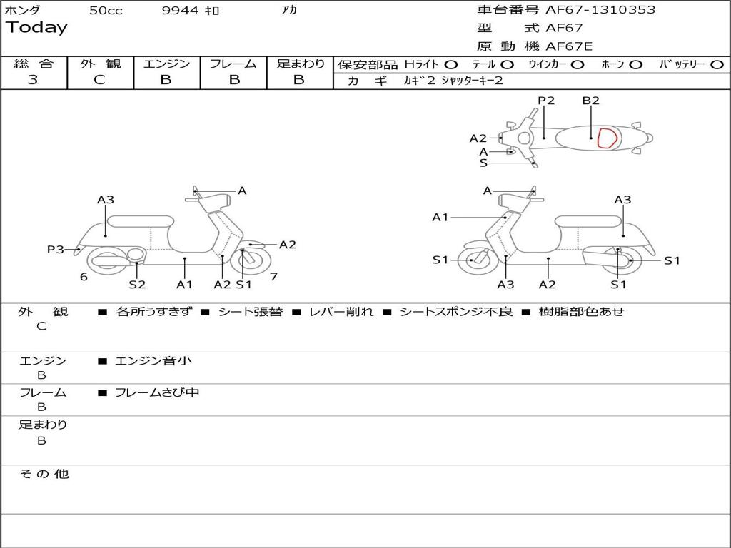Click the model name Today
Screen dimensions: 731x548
[36, 28]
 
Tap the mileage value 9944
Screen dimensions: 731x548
[181, 11]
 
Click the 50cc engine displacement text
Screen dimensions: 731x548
[106, 11]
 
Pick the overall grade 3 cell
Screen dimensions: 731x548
[33, 80]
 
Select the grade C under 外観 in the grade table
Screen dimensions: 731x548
[99, 80]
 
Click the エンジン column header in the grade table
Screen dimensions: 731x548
[166, 64]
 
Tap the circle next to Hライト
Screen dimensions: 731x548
[451, 65]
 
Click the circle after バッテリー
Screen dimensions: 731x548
[717, 65]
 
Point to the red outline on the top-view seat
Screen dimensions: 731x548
[607, 138]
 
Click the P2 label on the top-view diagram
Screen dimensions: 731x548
[546, 101]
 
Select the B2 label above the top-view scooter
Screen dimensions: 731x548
[590, 101]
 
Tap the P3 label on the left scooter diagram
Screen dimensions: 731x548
[56, 249]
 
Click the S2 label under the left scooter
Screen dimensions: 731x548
[137, 284]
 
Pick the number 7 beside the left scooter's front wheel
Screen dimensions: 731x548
[273, 276]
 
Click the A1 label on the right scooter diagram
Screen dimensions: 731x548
[440, 217]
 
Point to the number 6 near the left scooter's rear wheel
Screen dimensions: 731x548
[84, 277]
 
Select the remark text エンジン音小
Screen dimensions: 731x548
[153, 361]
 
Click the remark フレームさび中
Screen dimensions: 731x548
[157, 392]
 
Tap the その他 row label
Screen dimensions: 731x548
[44, 474]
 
